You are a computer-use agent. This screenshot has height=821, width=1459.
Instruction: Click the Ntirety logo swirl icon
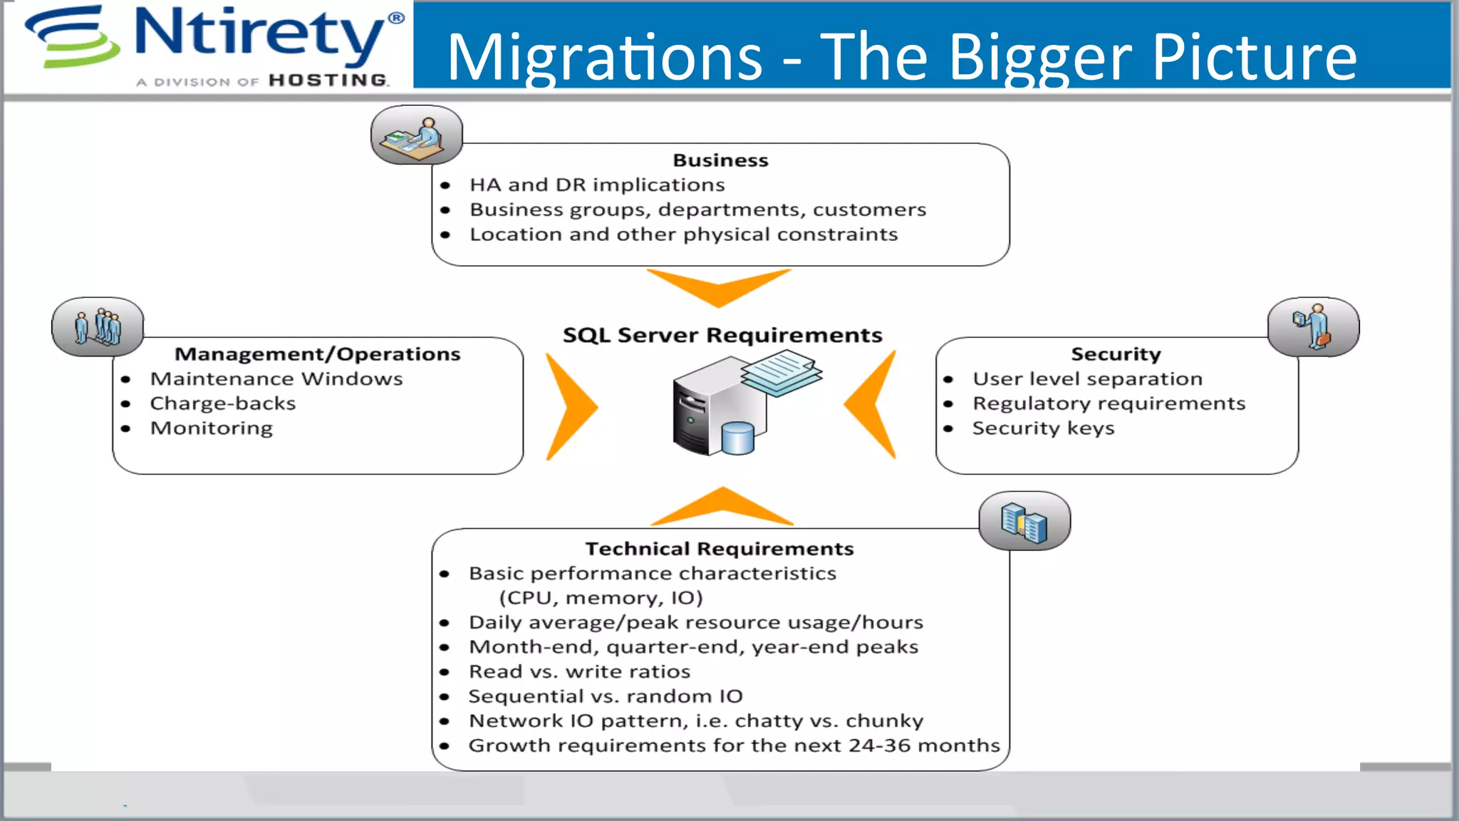pos(71,37)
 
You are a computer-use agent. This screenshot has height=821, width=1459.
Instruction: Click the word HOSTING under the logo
pos(328,80)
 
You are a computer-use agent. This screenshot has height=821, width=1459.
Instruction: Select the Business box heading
pos(720,160)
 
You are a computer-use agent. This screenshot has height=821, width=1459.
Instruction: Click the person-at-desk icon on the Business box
pos(416,135)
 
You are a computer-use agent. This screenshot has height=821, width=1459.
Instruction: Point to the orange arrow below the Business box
pos(719,287)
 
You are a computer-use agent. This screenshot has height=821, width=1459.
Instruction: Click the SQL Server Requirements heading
pos(722,335)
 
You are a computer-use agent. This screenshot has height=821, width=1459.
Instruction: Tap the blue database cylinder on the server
pos(737,438)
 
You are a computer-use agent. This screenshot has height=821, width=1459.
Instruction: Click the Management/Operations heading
pos(318,354)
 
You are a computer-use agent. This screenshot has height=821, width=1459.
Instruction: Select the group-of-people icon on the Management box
pos(98,327)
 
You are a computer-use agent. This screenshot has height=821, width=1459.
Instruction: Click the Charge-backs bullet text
pos(222,403)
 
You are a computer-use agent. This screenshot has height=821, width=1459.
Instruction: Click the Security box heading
pos(1116,354)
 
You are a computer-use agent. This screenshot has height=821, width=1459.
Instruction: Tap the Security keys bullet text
pos(1043,428)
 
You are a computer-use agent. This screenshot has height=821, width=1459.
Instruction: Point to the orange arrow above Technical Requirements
pos(722,507)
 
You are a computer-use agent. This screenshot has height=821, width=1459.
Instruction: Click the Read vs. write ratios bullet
pos(579,671)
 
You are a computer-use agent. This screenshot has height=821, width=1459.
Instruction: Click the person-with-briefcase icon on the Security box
pos(1313,327)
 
